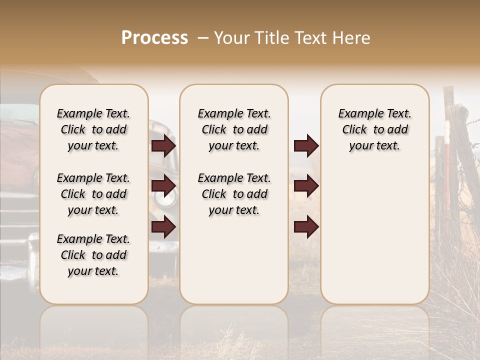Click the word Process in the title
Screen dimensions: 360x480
[154, 38]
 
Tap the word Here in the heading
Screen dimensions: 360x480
[352, 38]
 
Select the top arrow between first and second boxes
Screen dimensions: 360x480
[163, 146]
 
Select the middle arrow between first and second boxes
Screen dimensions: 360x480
[163, 185]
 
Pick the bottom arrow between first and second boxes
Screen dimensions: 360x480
[163, 227]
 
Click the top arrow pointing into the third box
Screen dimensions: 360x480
[306, 146]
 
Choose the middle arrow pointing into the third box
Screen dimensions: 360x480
[306, 185]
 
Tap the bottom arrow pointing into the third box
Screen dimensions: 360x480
[306, 227]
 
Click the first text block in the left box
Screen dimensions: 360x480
[93, 129]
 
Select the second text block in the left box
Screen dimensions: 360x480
[93, 194]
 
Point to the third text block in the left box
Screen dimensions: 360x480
[93, 255]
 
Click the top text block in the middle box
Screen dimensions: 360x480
[234, 129]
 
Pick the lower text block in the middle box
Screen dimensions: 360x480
[234, 194]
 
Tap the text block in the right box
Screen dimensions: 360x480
[374, 129]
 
